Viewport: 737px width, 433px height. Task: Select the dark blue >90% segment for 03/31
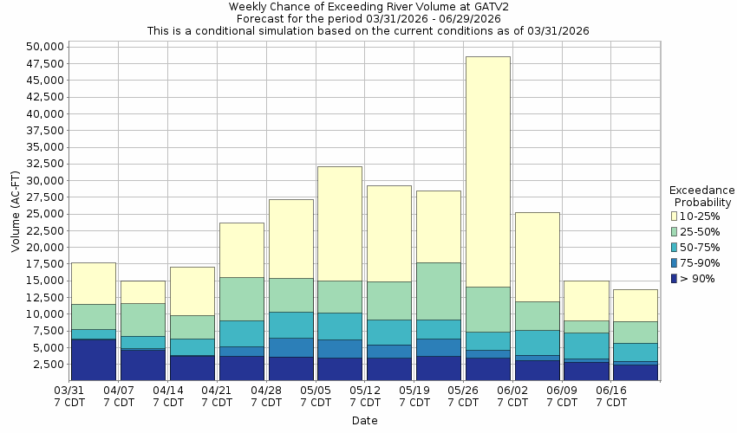pos(93,359)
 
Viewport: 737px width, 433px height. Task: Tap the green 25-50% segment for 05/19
pos(438,291)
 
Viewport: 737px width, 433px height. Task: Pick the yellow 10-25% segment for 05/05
pos(339,223)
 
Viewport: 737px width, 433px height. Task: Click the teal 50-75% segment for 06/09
pos(586,346)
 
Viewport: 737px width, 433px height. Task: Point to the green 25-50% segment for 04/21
pos(241,299)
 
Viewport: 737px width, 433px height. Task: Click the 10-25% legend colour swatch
pos(675,216)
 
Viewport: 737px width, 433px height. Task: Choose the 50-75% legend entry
pos(698,247)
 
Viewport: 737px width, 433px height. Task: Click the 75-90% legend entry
pos(698,262)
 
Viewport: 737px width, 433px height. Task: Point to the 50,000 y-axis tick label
pos(46,47)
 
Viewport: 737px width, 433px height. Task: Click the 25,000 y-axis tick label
pos(46,214)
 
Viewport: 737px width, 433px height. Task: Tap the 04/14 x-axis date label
pos(168,397)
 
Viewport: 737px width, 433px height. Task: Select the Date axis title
pos(364,421)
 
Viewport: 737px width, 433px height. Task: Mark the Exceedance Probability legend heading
pos(702,196)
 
